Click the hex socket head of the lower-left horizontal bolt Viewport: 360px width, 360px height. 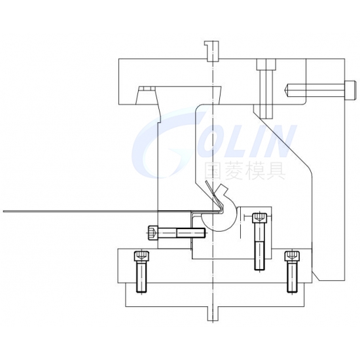pos(153,233)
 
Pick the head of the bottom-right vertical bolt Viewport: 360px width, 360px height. pos(293,256)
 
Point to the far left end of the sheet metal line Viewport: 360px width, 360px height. pos(3,211)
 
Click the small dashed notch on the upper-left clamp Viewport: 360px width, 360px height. pos(146,89)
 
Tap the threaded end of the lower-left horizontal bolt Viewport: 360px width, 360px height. pos(190,233)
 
